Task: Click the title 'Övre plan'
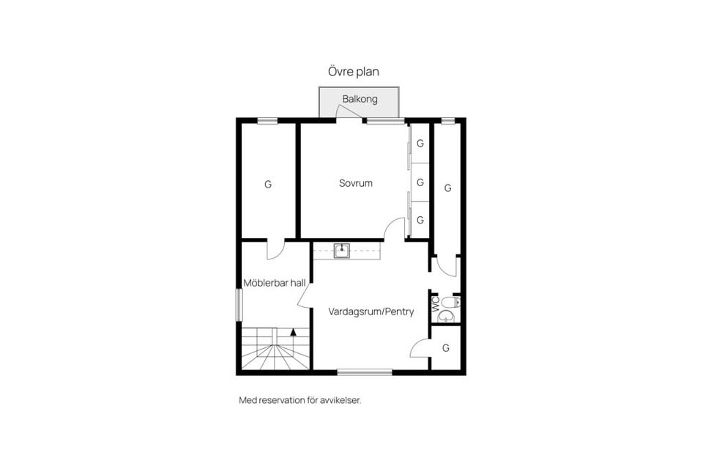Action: (x=353, y=72)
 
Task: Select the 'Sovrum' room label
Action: (x=355, y=183)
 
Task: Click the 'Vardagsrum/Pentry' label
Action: (x=371, y=311)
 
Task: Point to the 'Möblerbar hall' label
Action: (x=274, y=282)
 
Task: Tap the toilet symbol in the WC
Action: (x=450, y=302)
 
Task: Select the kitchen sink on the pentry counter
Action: (x=341, y=251)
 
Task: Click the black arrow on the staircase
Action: (x=294, y=332)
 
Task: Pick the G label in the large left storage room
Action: (x=268, y=185)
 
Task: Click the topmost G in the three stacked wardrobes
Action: (x=420, y=144)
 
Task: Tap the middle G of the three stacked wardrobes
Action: (x=420, y=182)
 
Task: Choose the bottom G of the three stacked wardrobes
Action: (x=420, y=220)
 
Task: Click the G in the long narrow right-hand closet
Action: (x=447, y=188)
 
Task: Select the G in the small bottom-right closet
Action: (x=446, y=347)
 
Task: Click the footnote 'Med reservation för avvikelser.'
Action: (x=300, y=400)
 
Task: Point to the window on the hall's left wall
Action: (x=238, y=304)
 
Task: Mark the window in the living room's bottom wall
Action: (x=364, y=372)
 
